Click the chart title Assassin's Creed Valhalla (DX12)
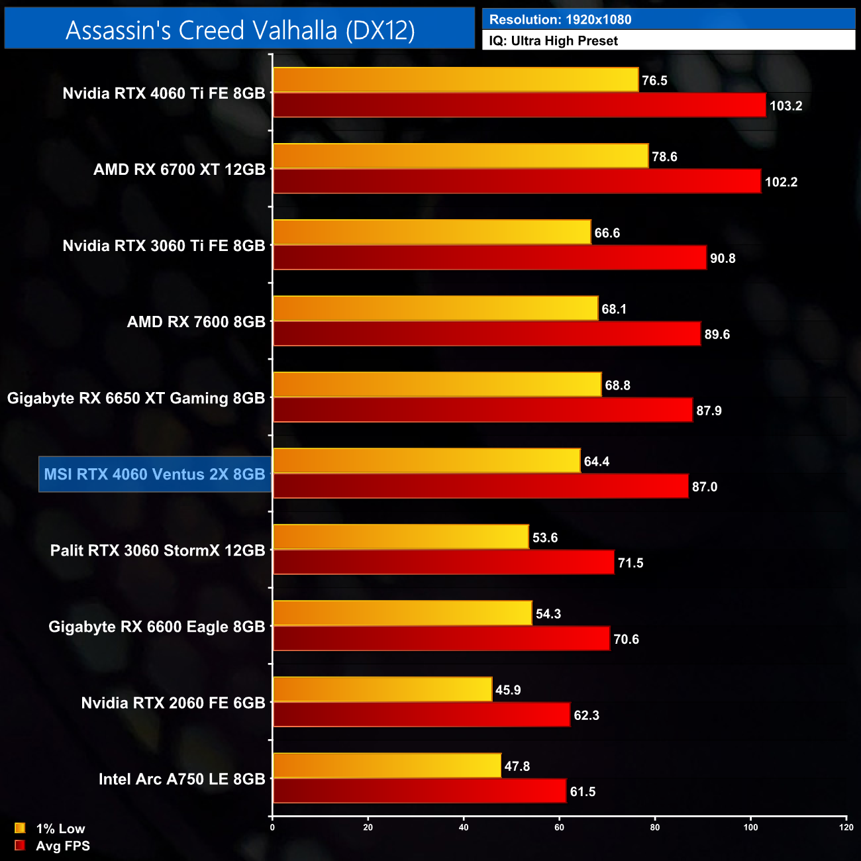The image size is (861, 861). tap(240, 30)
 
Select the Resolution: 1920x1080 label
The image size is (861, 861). tap(560, 20)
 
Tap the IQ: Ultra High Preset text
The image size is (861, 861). tap(554, 41)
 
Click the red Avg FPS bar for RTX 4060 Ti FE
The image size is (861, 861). tap(519, 105)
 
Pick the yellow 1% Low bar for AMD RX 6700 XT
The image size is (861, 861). tap(460, 156)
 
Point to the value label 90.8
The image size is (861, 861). tap(723, 258)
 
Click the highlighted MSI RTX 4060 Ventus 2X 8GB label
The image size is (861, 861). tap(154, 474)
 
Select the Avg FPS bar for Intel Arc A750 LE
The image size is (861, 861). tap(419, 791)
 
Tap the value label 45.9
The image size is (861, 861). tap(508, 690)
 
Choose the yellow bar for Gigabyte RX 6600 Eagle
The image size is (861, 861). tap(403, 613)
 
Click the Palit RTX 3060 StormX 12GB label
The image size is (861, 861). tap(158, 550)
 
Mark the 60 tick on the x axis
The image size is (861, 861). tap(560, 827)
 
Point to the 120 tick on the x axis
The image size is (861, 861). tap(846, 827)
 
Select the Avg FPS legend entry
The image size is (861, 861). tap(52, 846)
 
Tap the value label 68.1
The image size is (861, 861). tap(614, 309)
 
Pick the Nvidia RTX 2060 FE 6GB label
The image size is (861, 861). tap(173, 703)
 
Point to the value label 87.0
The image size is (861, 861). tap(705, 487)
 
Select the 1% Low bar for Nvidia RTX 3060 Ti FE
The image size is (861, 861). tap(432, 232)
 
